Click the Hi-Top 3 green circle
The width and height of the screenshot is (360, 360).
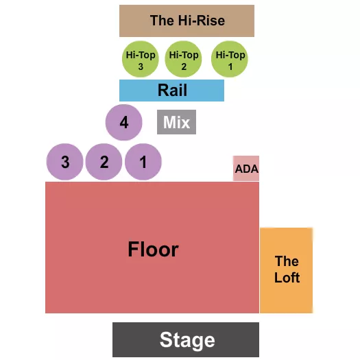click(x=141, y=60)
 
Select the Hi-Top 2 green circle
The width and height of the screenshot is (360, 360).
click(x=184, y=60)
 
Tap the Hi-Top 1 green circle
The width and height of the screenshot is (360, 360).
click(x=229, y=60)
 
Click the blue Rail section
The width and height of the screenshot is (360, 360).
click(x=171, y=91)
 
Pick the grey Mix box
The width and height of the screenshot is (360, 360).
click(x=177, y=123)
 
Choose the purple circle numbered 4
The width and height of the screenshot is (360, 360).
click(x=123, y=123)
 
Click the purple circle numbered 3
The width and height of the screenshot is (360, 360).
click(x=64, y=163)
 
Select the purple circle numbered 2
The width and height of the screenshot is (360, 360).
click(x=104, y=163)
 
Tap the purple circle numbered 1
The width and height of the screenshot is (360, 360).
click(x=143, y=163)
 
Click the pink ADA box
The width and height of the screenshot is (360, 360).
click(x=246, y=168)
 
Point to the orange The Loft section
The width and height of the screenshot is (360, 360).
click(x=286, y=270)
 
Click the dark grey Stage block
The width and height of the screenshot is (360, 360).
click(x=186, y=339)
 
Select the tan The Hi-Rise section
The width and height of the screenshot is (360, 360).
click(x=187, y=21)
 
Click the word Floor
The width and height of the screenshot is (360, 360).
click(x=153, y=250)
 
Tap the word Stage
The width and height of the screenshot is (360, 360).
click(x=187, y=339)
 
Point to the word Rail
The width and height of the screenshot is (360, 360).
click(x=172, y=91)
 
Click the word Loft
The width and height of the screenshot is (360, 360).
click(x=287, y=278)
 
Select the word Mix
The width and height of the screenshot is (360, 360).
click(x=177, y=123)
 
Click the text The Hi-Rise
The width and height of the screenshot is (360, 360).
click(x=187, y=21)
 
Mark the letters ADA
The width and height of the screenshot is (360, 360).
click(x=246, y=168)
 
